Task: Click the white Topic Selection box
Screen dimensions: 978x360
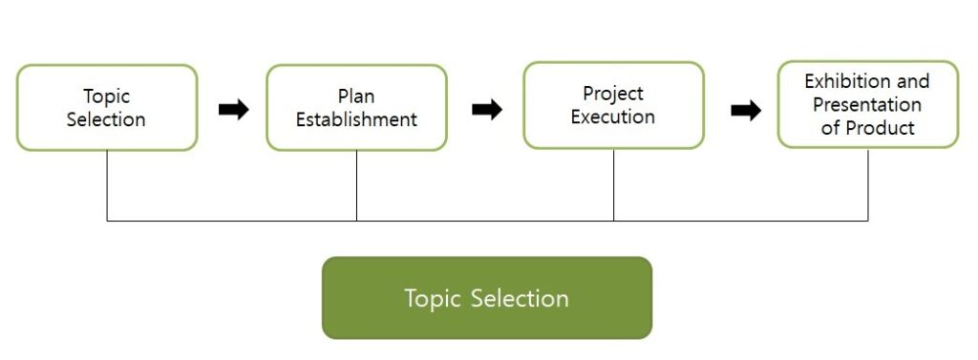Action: click(107, 107)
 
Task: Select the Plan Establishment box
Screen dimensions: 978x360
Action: click(357, 107)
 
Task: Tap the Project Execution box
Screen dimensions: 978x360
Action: click(614, 105)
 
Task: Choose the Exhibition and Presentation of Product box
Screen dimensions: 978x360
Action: click(867, 104)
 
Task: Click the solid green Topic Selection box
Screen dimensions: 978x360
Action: click(487, 298)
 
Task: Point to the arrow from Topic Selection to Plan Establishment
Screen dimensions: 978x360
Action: click(234, 109)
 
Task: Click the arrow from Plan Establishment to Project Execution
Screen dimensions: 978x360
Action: click(487, 109)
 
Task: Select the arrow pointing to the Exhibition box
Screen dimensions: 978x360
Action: click(746, 111)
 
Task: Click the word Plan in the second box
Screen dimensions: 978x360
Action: click(356, 96)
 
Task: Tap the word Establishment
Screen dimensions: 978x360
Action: click(356, 119)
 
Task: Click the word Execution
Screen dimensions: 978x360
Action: click(613, 116)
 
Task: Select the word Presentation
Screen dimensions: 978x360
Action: click(867, 104)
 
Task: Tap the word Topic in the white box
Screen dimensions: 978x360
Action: click(107, 96)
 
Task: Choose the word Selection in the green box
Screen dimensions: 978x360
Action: click(520, 298)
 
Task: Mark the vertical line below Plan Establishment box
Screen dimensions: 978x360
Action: click(357, 186)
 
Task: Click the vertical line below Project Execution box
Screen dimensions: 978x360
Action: click(614, 184)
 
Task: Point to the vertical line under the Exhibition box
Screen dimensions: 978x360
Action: click(867, 184)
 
